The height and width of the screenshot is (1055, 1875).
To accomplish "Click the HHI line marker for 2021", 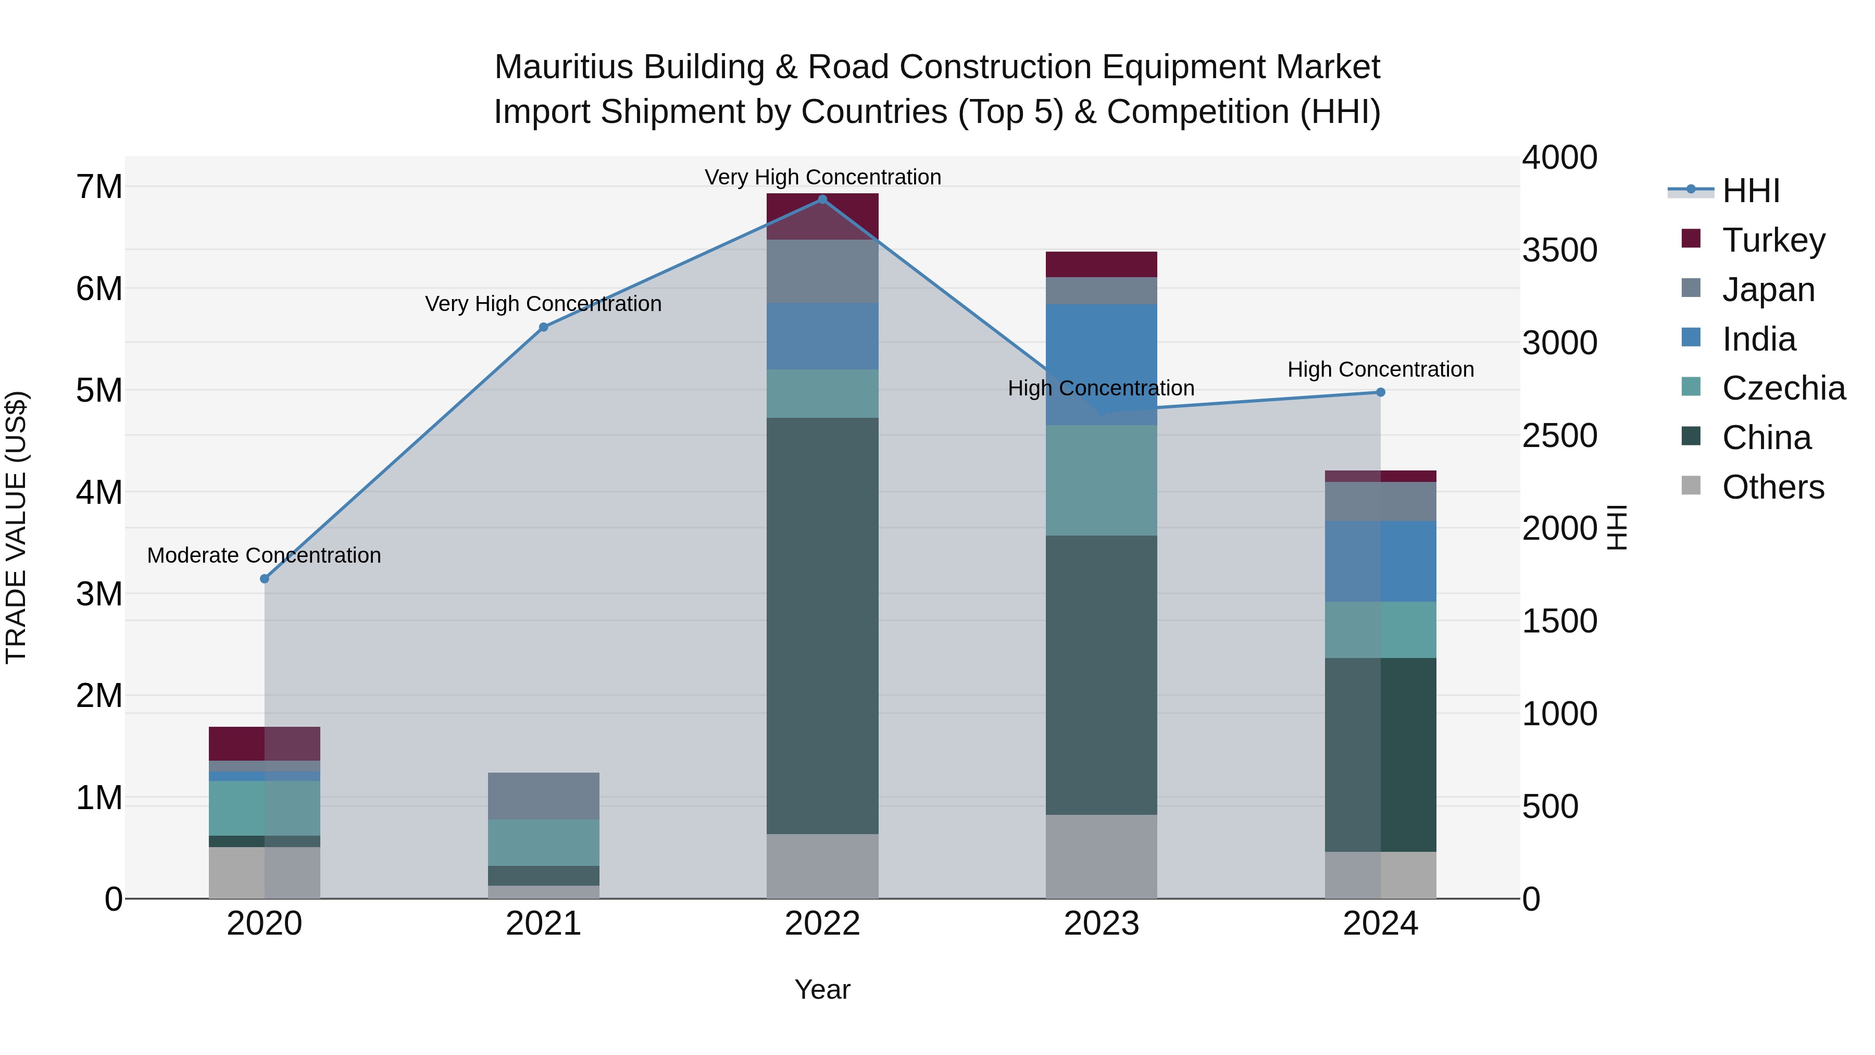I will point(543,328).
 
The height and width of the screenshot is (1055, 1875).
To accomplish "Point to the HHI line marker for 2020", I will point(264,579).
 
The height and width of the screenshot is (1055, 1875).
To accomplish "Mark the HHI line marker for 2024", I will point(1380,392).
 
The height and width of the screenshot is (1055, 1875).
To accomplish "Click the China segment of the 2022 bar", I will point(822,626).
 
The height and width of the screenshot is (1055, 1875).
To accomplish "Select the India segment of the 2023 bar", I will point(1101,364).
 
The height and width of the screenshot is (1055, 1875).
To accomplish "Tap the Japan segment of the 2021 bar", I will point(543,796).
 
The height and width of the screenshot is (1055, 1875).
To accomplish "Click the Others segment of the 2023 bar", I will point(1101,856).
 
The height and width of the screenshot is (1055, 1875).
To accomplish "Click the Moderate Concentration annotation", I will point(264,555).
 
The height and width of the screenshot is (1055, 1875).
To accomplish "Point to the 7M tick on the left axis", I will point(99,187).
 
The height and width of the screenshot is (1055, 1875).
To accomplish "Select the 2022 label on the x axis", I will point(822,924).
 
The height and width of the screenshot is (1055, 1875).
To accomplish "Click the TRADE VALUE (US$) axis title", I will point(16,527).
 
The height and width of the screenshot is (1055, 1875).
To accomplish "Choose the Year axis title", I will point(822,989).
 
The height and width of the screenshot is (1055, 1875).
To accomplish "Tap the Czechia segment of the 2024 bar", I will point(1380,630).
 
